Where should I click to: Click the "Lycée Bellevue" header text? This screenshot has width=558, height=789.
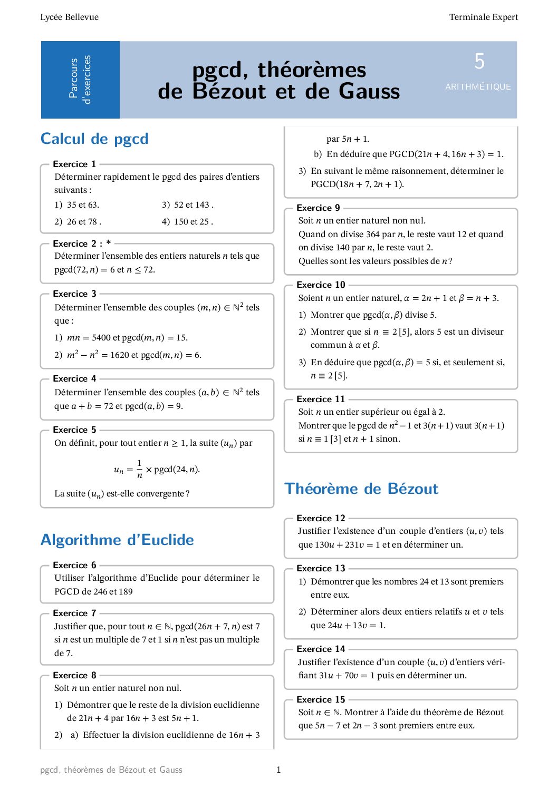69,17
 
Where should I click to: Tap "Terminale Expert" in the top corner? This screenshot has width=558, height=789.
483,17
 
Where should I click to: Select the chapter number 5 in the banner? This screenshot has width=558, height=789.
479,62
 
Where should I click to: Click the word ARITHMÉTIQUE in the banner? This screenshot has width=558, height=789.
478,87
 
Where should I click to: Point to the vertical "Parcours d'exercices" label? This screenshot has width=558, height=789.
80,80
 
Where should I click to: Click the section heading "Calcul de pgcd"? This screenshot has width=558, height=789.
94,139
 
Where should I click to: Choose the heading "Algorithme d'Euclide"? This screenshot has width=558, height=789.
117,540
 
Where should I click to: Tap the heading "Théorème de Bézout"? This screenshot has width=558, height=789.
361,489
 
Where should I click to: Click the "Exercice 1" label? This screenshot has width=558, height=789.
74,164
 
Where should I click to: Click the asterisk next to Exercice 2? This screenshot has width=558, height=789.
109,243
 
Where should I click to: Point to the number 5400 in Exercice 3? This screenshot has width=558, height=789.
101,338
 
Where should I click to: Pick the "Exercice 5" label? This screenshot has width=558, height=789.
74,430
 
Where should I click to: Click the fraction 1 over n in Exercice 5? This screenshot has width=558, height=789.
139,469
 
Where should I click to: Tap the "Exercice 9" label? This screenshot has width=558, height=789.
318,208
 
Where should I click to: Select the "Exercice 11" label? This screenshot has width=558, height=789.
321,399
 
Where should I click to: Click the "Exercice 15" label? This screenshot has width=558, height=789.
321,699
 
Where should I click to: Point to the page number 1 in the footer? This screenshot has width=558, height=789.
278,770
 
